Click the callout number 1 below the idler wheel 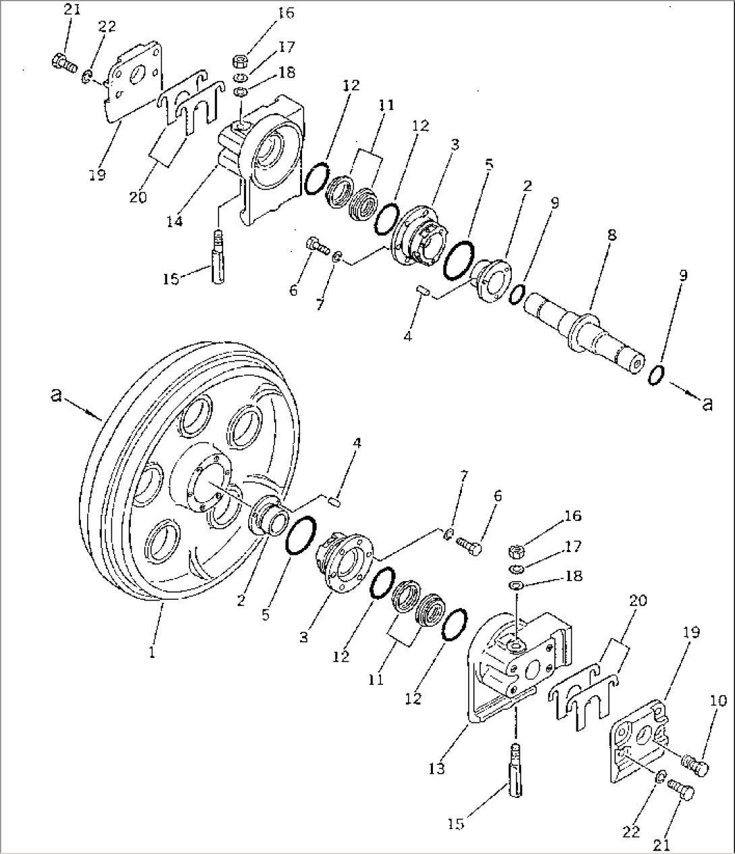pos(153,652)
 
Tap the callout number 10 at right pos(718,701)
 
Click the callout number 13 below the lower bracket pos(436,768)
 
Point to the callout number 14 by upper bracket pos(175,221)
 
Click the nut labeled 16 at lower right pos(517,553)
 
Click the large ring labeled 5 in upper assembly pos(459,258)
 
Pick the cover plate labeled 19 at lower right pos(637,741)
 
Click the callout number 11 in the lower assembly pos(376,679)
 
